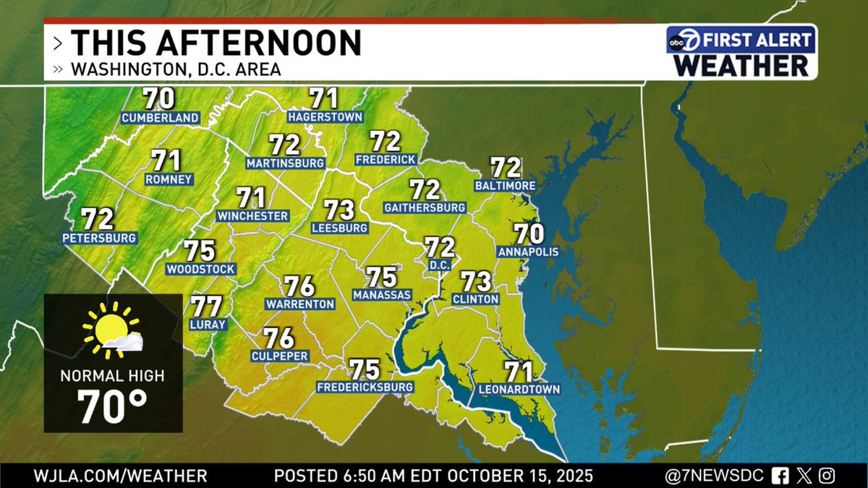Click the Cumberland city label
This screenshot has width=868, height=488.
160,118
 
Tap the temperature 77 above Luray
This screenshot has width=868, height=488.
206,307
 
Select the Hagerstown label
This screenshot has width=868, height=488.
324,116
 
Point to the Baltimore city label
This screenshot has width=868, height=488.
505,186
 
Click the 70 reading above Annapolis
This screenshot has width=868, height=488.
529,234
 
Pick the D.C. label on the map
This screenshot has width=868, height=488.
439,265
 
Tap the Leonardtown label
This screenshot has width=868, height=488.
519,390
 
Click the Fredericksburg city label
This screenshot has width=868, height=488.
365,388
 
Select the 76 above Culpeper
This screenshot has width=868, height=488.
278,338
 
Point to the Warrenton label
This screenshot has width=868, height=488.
299,304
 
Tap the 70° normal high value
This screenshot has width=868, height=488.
112,408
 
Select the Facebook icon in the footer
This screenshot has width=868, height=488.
780,476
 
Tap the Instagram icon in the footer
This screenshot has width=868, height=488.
828,476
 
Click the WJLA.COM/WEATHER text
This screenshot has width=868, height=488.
120,476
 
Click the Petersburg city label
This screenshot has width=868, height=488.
100,237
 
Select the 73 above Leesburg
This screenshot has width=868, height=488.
339,210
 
